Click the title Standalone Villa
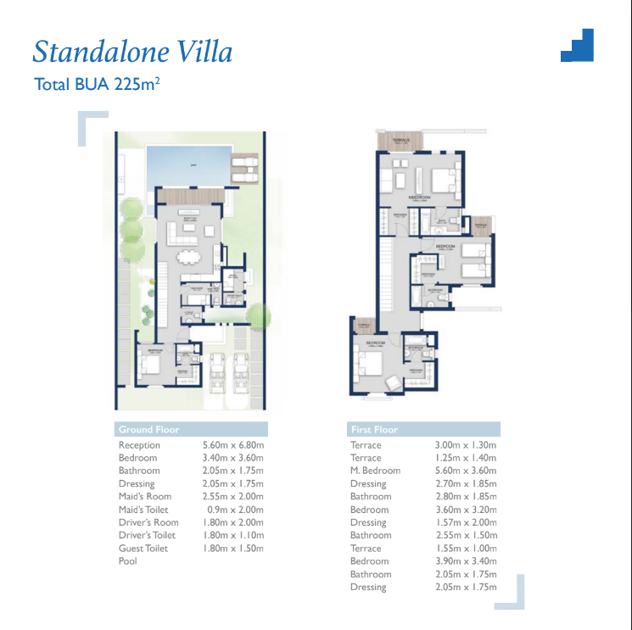[x=132, y=52]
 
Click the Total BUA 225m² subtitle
[x=98, y=84]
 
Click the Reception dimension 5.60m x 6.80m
[x=233, y=445]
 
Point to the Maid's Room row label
[x=145, y=497]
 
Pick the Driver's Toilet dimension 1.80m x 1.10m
[x=233, y=536]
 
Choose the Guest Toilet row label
[x=143, y=549]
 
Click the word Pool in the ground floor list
[x=128, y=561]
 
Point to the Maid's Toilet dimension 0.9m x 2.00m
[x=233, y=510]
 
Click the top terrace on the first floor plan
[x=401, y=141]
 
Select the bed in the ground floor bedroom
[x=150, y=365]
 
